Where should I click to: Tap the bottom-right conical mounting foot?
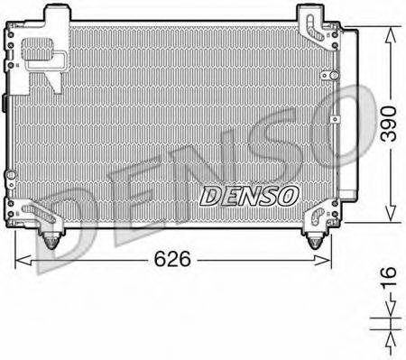tap(315, 239)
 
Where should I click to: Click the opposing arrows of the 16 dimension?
tap(390, 331)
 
